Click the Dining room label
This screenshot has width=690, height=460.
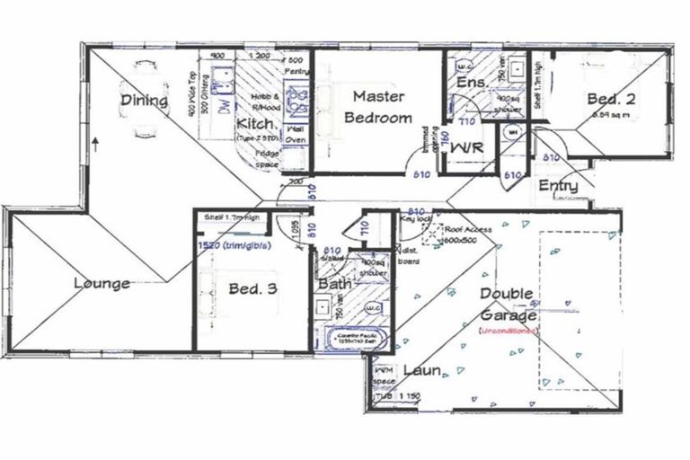(145, 101)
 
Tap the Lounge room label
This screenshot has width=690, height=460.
(102, 284)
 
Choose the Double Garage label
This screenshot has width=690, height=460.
(507, 305)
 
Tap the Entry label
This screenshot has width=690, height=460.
(557, 185)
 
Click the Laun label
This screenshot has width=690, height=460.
(420, 370)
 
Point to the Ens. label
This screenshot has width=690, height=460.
(471, 83)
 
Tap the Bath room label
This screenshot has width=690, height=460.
(333, 285)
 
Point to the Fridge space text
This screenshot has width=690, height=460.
(266, 159)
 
